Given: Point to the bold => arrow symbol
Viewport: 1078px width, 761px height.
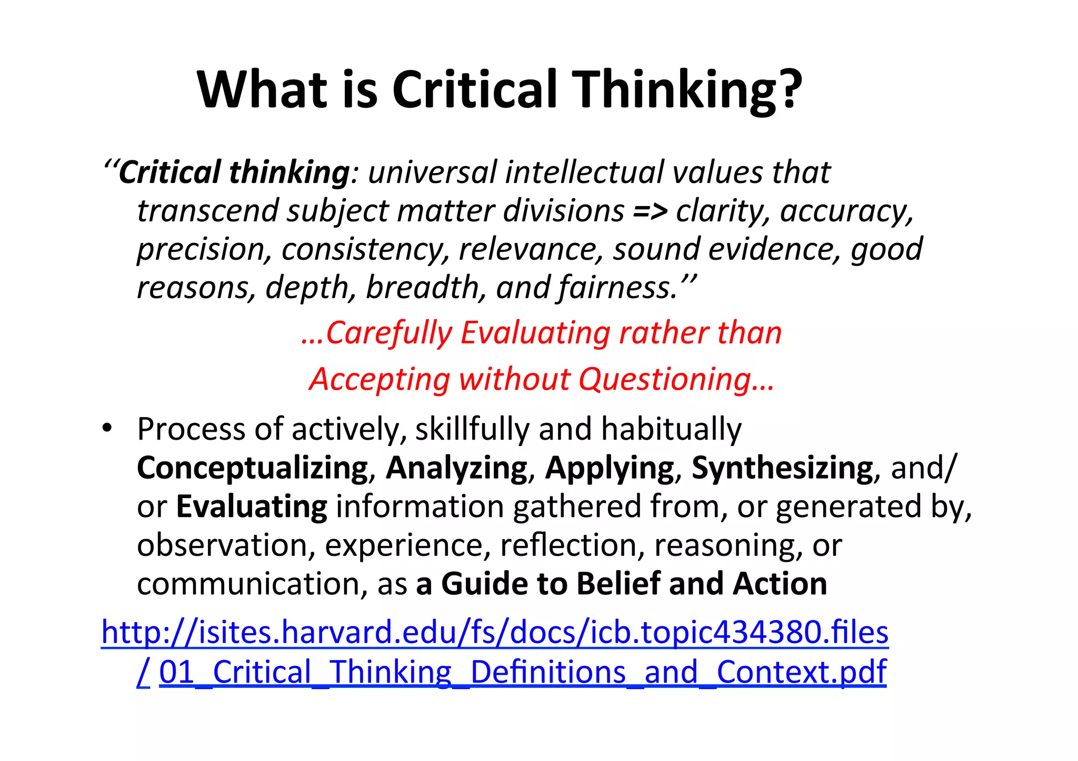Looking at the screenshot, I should tap(650, 211).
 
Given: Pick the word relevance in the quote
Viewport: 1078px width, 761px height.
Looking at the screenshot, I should tap(531, 249).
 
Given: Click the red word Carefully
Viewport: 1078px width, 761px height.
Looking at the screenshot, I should tap(388, 333).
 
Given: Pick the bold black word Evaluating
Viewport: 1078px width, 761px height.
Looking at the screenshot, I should tap(252, 506).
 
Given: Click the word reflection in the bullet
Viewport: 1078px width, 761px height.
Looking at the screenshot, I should tap(572, 545).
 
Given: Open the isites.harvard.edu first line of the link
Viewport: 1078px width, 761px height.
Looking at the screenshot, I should tap(495, 632).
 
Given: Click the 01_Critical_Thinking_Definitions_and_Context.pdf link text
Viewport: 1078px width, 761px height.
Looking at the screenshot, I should tap(523, 672).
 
